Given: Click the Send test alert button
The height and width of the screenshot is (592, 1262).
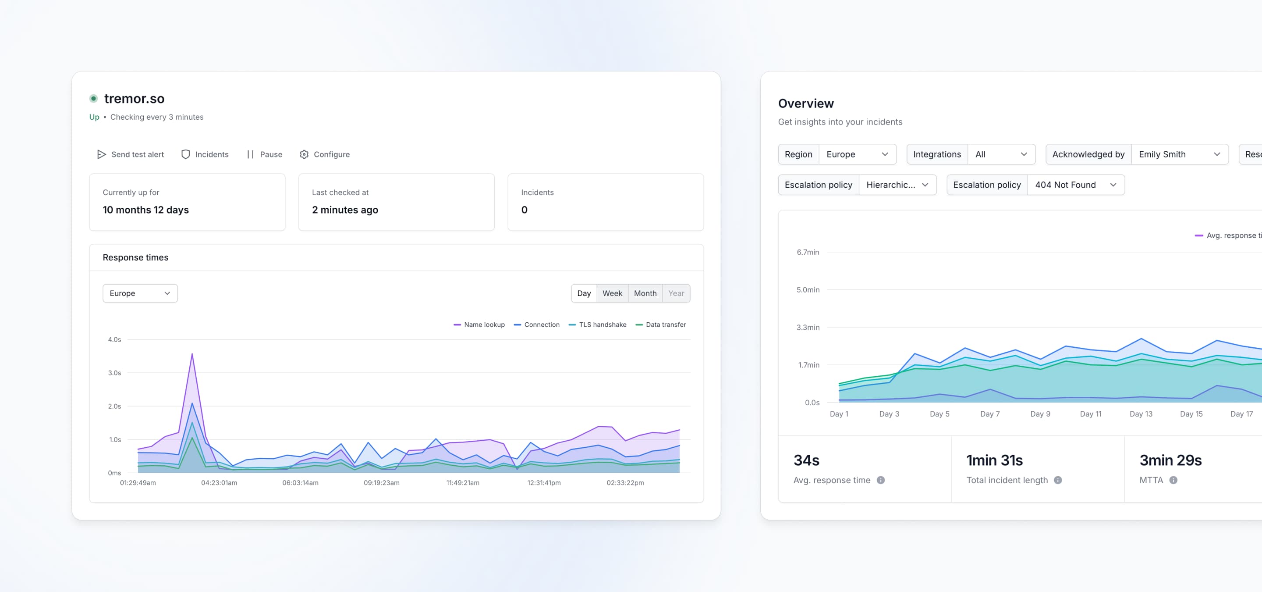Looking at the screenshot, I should tap(130, 154).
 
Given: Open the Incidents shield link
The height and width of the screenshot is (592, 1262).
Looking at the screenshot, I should tap(205, 154).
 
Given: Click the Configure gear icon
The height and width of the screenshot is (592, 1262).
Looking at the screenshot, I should tap(304, 154).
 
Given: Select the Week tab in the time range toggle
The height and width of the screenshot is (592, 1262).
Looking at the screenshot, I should tap(612, 293).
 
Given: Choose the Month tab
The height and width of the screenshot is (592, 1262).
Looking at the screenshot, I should tap(645, 293).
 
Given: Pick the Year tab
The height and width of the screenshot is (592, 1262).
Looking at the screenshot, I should tap(676, 293).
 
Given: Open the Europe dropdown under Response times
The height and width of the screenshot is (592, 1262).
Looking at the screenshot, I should tap(140, 293).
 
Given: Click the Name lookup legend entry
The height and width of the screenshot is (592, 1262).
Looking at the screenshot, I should tap(479, 325).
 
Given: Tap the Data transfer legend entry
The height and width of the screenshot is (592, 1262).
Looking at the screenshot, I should tap(660, 325).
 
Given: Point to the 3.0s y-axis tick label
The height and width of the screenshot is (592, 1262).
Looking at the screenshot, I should tap(115, 373).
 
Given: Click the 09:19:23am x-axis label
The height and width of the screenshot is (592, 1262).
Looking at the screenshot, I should tap(381, 483).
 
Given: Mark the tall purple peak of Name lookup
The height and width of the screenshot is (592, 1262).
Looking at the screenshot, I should tap(192, 354).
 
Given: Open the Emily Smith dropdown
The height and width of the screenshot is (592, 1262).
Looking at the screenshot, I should tap(1179, 154).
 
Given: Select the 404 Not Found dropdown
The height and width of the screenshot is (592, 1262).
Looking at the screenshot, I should tap(1075, 185).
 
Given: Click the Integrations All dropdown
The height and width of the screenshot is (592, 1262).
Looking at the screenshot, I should tap(1001, 154).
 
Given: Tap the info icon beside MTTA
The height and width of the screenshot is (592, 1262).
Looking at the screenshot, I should tap(1173, 480).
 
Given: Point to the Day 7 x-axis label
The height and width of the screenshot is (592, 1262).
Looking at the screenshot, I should tap(989, 414).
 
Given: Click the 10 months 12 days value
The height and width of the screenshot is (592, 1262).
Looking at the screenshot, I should tap(145, 210).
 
